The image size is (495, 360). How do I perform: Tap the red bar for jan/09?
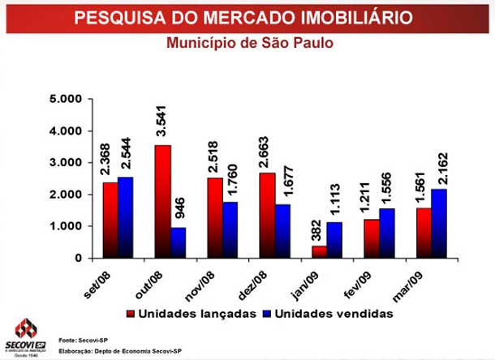click(x=319, y=251)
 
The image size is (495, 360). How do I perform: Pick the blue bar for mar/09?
click(x=438, y=223)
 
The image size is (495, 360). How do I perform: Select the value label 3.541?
click(x=161, y=126)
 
